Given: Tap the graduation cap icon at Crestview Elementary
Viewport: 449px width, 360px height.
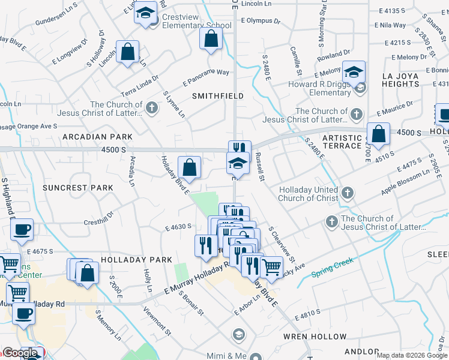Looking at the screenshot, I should click(145, 13).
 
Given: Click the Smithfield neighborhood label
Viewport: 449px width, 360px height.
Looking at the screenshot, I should click(217, 96).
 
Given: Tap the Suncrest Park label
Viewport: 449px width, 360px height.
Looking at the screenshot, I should click(78, 188).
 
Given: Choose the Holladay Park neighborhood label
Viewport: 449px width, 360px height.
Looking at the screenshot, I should click(128, 260).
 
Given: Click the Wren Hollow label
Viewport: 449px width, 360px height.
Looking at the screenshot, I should click(315, 337).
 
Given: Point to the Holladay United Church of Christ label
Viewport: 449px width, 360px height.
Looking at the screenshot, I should click(309, 194).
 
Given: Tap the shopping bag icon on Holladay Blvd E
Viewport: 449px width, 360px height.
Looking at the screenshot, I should click(189, 168).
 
